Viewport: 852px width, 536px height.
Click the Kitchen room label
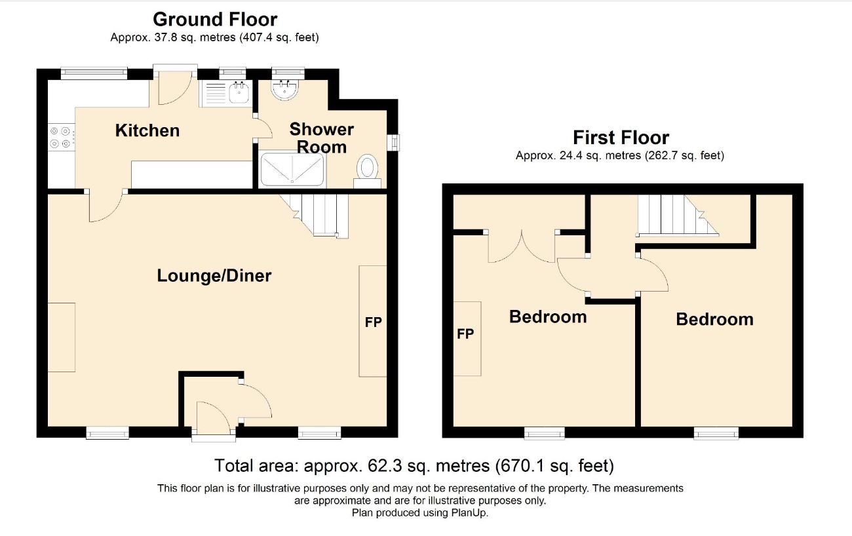click(147, 130)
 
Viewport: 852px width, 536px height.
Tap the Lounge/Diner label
click(214, 275)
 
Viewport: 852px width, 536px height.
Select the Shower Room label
click(321, 138)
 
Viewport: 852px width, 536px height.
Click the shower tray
click(292, 170)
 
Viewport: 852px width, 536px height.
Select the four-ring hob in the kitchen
click(61, 138)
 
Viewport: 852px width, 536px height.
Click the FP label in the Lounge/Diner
click(373, 322)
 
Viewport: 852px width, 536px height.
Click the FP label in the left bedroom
click(465, 334)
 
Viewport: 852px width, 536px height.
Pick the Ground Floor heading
click(215, 20)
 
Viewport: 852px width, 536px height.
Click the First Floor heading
click(621, 138)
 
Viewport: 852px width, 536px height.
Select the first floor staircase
click(678, 216)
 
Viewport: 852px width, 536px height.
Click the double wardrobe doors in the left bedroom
click(522, 246)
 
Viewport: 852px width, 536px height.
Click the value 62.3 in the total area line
click(385, 466)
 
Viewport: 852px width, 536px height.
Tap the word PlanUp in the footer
click(469, 513)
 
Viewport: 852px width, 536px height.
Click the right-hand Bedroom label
click(714, 319)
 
